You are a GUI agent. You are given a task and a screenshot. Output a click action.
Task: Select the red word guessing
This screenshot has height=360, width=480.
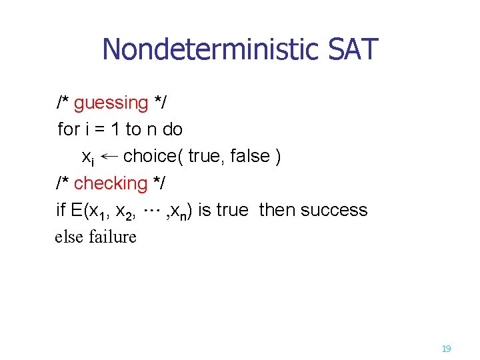point(111,103)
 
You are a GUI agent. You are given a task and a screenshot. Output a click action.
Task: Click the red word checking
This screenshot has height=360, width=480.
point(111,183)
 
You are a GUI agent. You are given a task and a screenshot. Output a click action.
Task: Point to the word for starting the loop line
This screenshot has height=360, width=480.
point(69,129)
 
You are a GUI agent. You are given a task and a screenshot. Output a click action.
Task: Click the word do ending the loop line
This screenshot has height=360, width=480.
point(172,129)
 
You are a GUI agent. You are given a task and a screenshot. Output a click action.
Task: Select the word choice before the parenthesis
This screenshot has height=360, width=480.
point(153,157)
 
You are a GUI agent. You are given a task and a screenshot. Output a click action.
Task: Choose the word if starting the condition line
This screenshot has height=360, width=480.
point(61,210)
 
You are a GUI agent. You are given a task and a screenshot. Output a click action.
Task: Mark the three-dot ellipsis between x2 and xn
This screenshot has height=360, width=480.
point(153,210)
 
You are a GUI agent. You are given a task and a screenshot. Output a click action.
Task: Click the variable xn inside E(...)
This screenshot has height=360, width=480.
point(178,211)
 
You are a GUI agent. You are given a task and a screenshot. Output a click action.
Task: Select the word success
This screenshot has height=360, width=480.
point(334,210)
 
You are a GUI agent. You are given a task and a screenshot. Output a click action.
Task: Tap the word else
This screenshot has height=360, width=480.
point(69,237)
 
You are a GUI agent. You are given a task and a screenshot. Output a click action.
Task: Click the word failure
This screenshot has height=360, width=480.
point(112,237)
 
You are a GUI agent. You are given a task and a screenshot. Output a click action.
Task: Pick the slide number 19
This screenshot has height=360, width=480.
point(446,348)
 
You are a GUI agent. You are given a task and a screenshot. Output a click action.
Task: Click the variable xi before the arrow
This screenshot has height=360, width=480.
point(87,158)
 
